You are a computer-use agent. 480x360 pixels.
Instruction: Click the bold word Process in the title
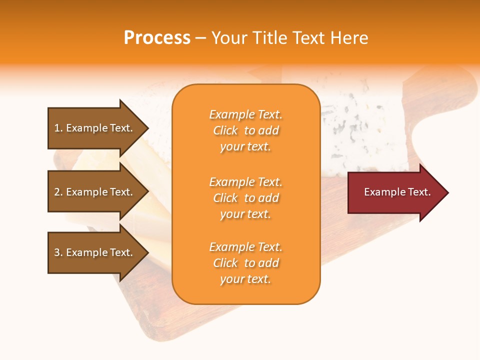point(157,38)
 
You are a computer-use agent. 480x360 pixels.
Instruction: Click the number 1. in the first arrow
point(58,128)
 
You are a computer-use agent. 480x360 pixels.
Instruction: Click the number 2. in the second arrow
point(58,192)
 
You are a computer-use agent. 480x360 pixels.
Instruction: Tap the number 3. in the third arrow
point(58,252)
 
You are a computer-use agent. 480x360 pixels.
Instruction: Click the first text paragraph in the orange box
point(246,130)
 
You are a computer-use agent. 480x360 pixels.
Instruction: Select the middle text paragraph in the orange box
point(246,198)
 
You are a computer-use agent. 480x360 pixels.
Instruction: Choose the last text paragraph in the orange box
point(246,263)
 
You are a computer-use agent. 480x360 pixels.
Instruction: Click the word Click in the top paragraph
point(225,130)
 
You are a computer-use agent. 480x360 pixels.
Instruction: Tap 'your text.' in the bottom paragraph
point(245,279)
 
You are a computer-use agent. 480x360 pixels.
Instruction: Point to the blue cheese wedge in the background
point(365,130)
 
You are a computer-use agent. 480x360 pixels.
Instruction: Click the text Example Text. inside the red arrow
point(397,192)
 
